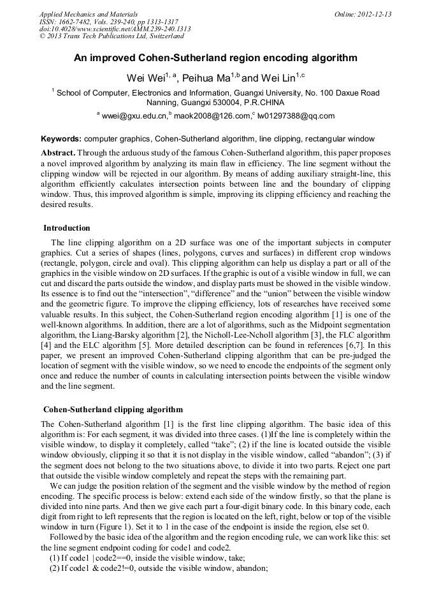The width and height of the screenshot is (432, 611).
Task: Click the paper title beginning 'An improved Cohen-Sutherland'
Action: (215, 58)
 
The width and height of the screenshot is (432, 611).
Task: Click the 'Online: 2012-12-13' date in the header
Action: (363, 14)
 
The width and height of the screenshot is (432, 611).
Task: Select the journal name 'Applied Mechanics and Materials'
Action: (88, 14)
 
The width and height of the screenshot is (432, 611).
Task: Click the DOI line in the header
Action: (115, 29)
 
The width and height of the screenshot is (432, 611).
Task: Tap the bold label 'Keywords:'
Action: (61, 139)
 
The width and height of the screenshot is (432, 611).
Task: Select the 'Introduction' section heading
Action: (67, 228)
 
